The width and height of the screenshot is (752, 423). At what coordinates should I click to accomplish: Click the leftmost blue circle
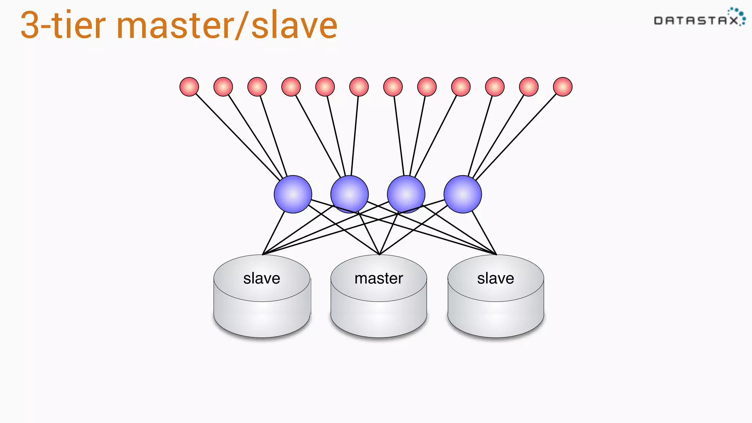(293, 194)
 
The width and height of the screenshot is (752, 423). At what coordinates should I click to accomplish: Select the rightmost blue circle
(463, 194)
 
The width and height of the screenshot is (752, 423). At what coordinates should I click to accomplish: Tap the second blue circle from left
(350, 194)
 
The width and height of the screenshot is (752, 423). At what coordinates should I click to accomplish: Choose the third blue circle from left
(406, 194)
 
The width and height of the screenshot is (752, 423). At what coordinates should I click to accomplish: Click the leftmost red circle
(189, 87)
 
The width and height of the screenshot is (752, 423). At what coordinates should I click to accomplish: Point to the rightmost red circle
(563, 87)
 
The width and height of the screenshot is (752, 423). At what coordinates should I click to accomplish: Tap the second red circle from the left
(223, 87)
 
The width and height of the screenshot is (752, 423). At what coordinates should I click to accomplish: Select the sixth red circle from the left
(359, 87)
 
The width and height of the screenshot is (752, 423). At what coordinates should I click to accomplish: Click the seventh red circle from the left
(393, 87)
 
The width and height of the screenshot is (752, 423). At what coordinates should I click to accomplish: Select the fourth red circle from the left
(291, 87)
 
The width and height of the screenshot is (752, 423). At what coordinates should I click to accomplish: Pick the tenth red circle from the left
(495, 87)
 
